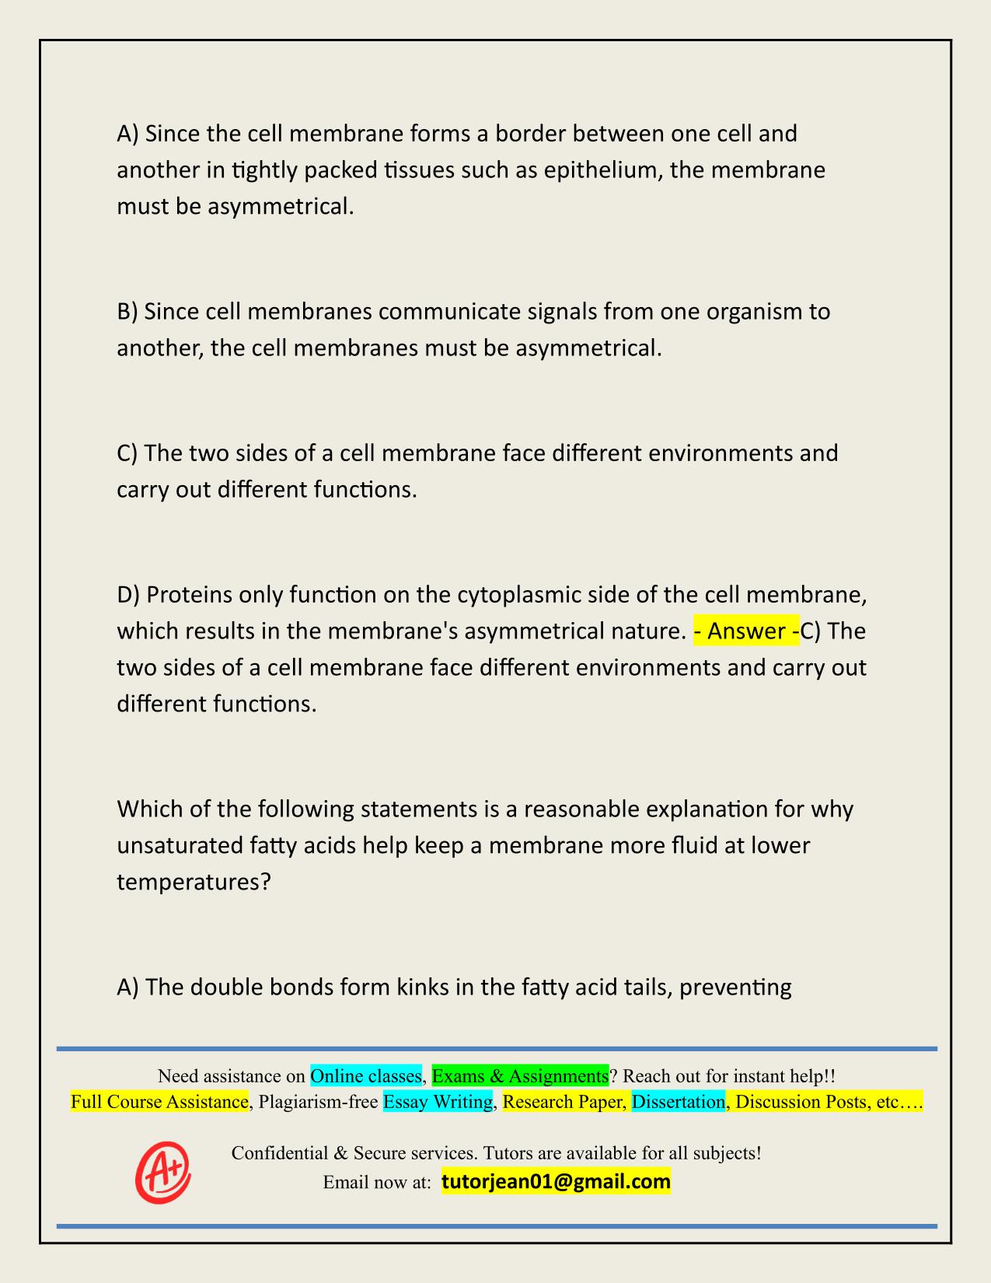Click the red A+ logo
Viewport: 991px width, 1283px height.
point(163,1172)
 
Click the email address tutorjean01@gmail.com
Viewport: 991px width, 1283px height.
point(556,1182)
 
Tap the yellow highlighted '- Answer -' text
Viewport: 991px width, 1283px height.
point(745,631)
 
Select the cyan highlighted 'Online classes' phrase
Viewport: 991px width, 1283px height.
point(366,1076)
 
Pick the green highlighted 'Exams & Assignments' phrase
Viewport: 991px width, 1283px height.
point(520,1076)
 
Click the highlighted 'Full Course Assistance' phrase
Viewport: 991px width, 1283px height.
point(159,1102)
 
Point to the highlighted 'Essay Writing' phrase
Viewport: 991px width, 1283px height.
point(438,1102)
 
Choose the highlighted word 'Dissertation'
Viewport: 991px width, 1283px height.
point(678,1102)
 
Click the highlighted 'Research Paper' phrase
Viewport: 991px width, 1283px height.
point(564,1102)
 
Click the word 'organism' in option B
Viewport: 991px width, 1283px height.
point(730,312)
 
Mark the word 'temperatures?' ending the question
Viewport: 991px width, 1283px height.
point(194,882)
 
